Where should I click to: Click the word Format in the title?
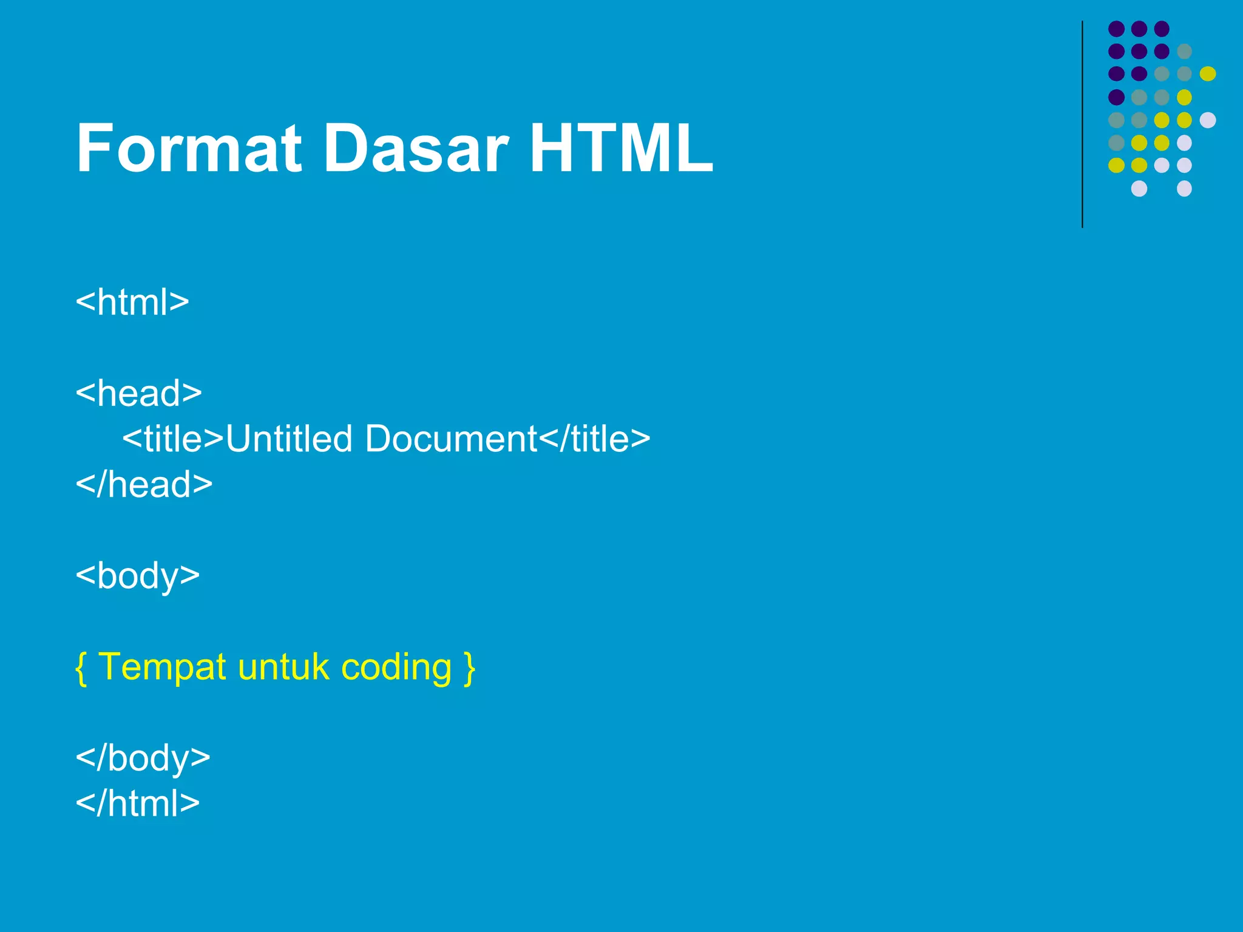click(x=189, y=149)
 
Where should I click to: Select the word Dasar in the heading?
click(x=415, y=149)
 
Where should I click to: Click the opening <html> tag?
click(x=132, y=302)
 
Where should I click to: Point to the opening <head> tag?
click(x=138, y=393)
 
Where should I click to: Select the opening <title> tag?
click(x=174, y=439)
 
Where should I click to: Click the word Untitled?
click(x=289, y=439)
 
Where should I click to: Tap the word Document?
click(x=451, y=439)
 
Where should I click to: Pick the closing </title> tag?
click(x=595, y=439)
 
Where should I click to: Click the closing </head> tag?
click(x=144, y=484)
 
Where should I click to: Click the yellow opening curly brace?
click(x=81, y=667)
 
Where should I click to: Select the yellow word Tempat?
click(x=162, y=667)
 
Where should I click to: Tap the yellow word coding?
click(x=396, y=667)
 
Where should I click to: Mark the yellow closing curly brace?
click(x=469, y=667)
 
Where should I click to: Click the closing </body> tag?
click(x=143, y=758)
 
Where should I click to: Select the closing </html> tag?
click(x=138, y=803)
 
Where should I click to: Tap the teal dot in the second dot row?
click(x=1184, y=51)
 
